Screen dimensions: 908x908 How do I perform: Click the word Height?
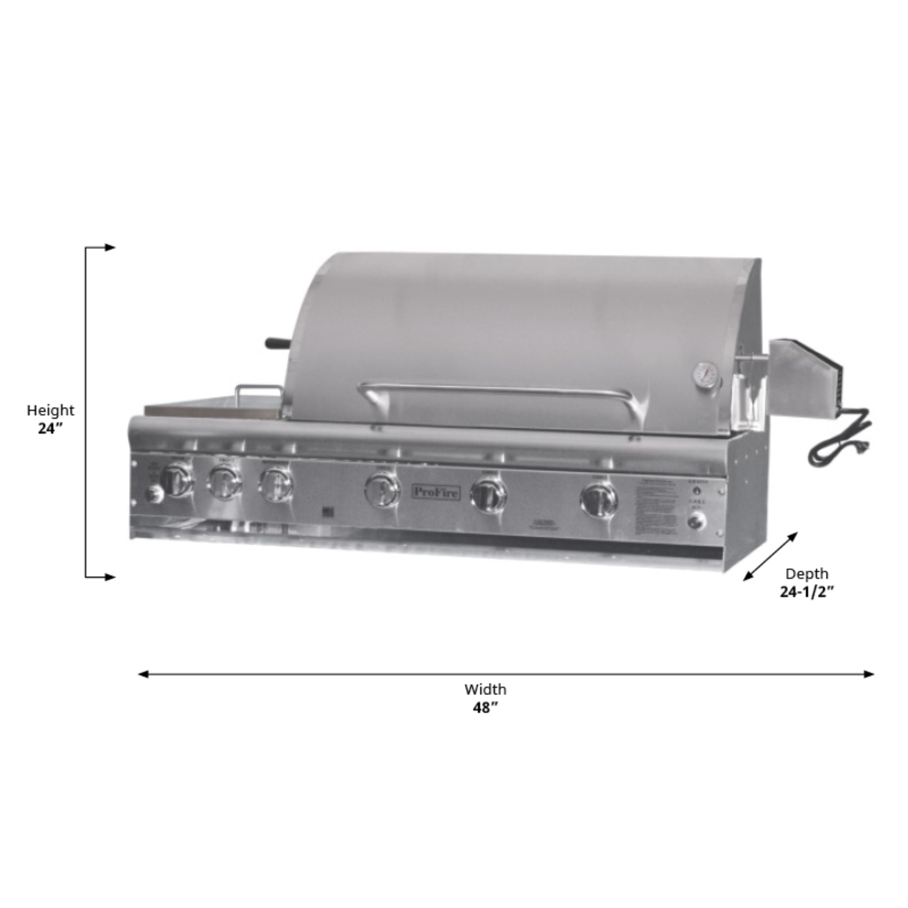(50, 410)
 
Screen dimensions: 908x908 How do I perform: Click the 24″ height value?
(50, 429)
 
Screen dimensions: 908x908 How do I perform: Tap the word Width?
(485, 689)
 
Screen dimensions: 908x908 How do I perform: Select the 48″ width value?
(485, 708)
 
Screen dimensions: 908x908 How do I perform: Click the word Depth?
(807, 574)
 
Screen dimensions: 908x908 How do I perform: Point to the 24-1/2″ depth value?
(807, 592)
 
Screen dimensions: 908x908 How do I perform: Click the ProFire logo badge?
(437, 492)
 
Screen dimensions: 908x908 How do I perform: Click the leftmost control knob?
(176, 479)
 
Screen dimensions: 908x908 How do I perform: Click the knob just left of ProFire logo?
(382, 490)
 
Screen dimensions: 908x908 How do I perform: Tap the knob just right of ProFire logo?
(489, 495)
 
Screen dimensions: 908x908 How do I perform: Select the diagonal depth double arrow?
(770, 556)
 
